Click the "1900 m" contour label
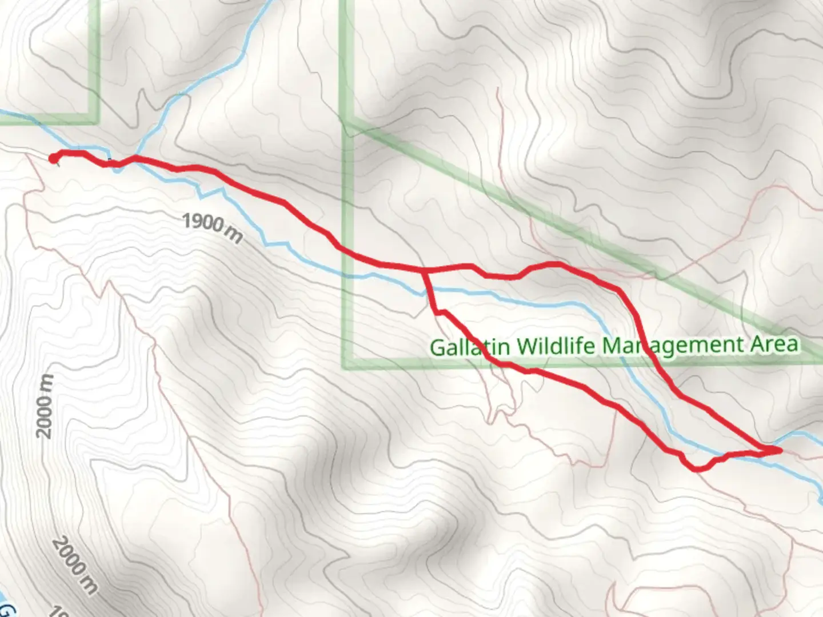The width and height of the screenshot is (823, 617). (212, 227)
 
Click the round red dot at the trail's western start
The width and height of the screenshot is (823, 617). (53, 159)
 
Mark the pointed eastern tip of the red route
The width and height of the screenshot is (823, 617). (780, 451)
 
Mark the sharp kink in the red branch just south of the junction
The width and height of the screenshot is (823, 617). (437, 312)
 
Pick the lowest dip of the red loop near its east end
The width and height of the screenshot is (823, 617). (698, 469)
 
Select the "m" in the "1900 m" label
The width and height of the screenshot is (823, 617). (233, 234)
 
